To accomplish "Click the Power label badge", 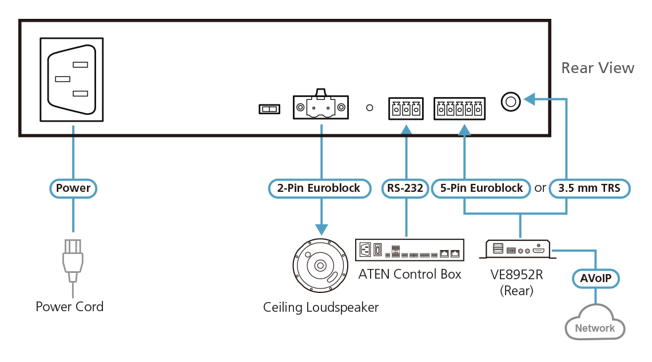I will click(73, 188).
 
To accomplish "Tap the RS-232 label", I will click(405, 188).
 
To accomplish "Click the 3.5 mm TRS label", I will click(589, 188).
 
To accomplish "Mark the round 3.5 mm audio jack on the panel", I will click(510, 102).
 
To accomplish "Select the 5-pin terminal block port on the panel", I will click(459, 108).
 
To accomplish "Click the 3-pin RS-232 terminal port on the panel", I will click(406, 108).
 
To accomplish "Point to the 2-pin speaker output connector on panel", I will click(321, 106).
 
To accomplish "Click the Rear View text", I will click(598, 68).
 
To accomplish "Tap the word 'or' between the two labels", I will click(540, 188).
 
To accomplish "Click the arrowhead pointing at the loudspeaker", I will click(321, 230).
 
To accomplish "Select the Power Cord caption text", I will click(70, 307).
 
